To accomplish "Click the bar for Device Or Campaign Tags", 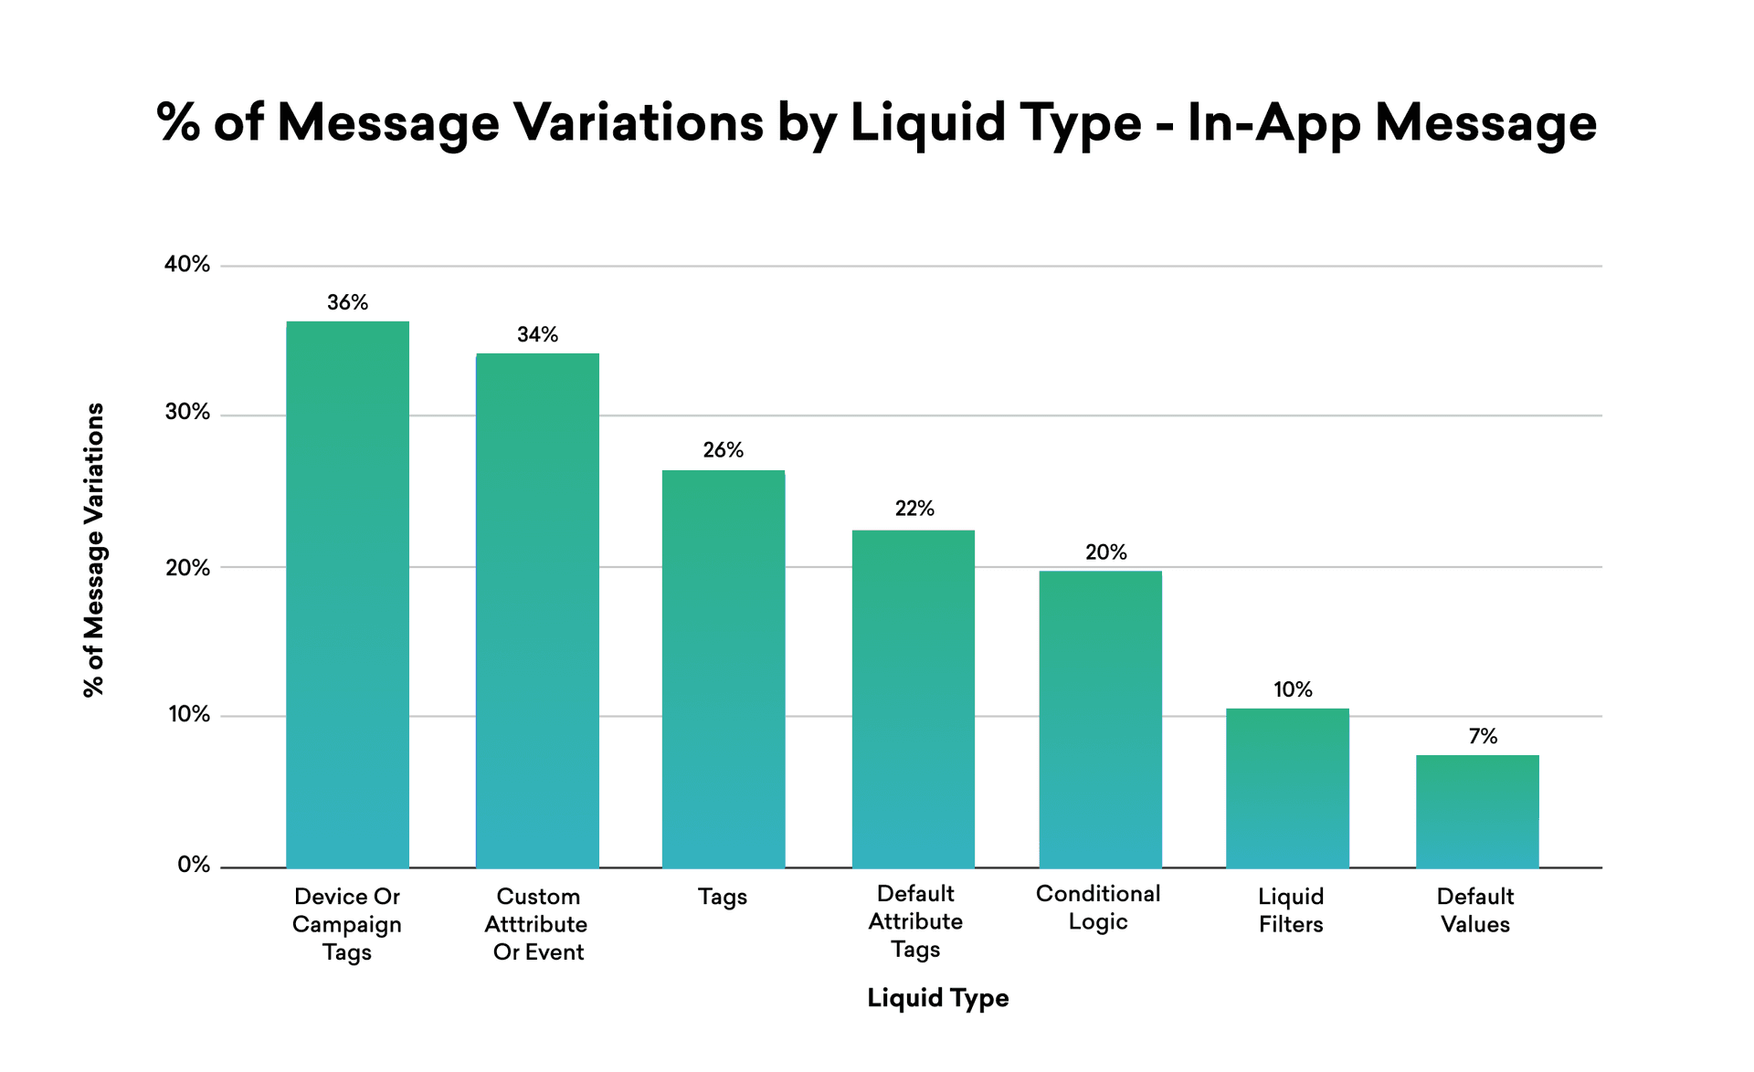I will (x=347, y=594).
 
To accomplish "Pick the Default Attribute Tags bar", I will (x=913, y=699).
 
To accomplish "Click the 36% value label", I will (x=347, y=303).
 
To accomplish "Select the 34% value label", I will (x=537, y=335).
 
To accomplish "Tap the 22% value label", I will (x=914, y=509).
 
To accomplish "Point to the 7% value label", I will (x=1483, y=737).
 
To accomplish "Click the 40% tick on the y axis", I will (x=187, y=265).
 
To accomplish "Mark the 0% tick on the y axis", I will (x=194, y=865).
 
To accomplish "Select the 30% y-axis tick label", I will (x=187, y=413).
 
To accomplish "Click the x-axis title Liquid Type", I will (x=937, y=998).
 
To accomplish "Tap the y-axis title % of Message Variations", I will (x=94, y=550).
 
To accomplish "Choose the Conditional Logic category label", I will (x=1098, y=908).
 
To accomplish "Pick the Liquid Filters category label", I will (x=1290, y=910).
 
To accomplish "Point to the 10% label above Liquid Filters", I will (x=1293, y=690).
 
